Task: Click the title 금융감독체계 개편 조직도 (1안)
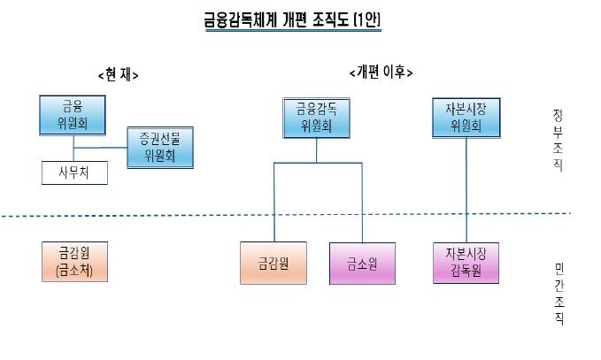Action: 292,19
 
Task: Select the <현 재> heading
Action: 118,74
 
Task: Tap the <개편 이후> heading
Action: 381,72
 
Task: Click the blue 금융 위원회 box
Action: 73,115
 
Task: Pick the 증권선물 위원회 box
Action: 160,148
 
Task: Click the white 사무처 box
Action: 74,172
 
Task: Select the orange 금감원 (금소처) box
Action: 74,262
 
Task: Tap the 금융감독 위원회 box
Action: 317,118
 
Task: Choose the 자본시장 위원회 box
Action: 466,118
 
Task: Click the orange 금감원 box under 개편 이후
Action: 274,263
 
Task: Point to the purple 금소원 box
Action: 362,264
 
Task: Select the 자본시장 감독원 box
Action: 466,263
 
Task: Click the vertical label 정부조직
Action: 558,141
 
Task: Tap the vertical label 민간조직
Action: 559,295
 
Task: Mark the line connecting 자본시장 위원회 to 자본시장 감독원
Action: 466,190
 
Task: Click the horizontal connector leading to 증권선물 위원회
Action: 100,148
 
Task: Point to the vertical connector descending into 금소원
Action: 362,203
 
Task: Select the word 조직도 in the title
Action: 330,19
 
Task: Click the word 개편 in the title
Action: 295,19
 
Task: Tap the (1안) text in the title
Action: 367,19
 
